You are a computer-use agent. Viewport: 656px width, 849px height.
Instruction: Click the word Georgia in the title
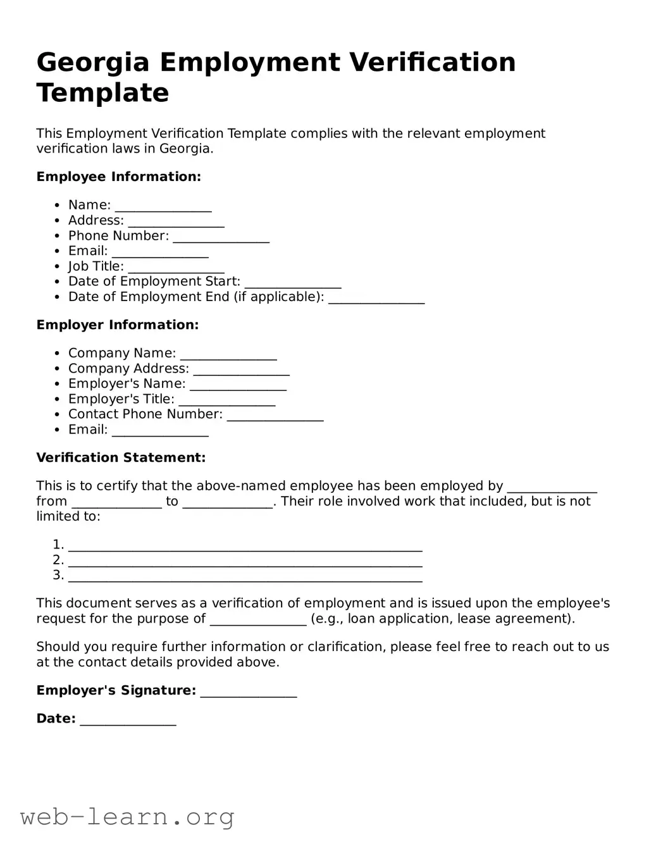[x=93, y=63]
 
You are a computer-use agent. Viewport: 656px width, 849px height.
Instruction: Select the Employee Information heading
[x=118, y=177]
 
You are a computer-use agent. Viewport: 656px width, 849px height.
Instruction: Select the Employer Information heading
[x=117, y=325]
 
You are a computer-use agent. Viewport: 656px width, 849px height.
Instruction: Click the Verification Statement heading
[x=121, y=457]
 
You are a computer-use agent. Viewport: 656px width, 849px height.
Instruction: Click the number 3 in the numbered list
[x=58, y=575]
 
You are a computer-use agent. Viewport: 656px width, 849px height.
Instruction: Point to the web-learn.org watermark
[x=127, y=817]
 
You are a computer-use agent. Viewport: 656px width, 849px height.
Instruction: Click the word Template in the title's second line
[x=102, y=93]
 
